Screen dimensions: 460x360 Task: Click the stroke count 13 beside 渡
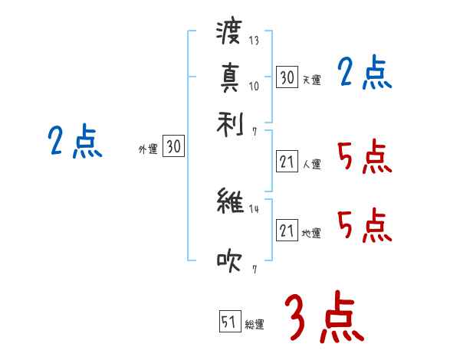point(254,41)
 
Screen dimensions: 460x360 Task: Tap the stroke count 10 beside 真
point(254,85)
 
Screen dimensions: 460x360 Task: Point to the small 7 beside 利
point(254,131)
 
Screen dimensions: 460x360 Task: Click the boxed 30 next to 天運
point(287,77)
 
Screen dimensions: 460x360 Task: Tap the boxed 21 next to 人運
point(287,162)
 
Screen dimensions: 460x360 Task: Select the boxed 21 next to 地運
point(287,231)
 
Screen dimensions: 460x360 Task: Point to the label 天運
point(311,80)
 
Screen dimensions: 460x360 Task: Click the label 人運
point(311,164)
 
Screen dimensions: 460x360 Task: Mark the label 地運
point(311,233)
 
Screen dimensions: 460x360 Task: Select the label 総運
point(255,325)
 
